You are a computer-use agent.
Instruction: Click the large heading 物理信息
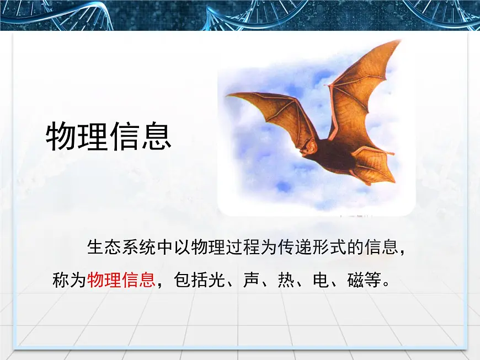(108, 137)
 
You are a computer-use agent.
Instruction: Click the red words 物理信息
(121, 280)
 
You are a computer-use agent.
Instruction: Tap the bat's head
(310, 147)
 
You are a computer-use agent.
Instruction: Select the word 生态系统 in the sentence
(121, 247)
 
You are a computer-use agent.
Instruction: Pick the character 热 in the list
(286, 280)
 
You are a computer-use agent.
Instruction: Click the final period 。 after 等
(386, 283)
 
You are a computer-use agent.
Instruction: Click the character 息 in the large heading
(156, 137)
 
